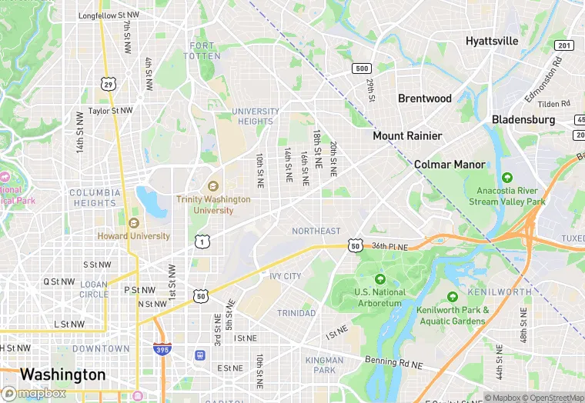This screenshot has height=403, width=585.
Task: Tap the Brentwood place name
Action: (x=424, y=98)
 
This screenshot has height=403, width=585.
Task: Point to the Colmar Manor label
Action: (x=450, y=165)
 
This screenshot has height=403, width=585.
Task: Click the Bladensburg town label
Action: (x=523, y=119)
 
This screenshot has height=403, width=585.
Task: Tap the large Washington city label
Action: (x=62, y=375)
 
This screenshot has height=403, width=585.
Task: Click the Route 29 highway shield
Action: (x=109, y=82)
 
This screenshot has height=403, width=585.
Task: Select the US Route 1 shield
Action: (x=202, y=241)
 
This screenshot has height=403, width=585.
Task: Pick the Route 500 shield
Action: (x=362, y=68)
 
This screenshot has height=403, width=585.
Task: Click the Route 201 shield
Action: (x=564, y=46)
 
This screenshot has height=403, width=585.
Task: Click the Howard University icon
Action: (x=134, y=223)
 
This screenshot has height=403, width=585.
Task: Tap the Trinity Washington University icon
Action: (x=213, y=186)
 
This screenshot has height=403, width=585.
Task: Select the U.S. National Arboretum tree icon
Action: (x=379, y=279)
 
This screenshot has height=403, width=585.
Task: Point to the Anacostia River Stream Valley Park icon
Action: (x=506, y=178)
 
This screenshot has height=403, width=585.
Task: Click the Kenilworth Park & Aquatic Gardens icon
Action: (x=453, y=297)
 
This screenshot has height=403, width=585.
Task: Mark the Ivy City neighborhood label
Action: (x=285, y=276)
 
